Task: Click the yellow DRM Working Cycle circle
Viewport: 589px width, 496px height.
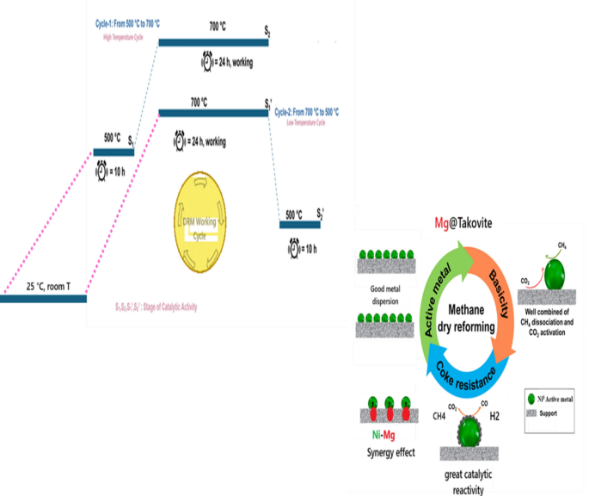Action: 199,220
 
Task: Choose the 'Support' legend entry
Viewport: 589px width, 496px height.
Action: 549,414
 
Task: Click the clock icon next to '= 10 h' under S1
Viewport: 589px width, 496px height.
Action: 102,170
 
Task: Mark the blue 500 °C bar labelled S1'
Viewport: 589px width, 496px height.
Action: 299,225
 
